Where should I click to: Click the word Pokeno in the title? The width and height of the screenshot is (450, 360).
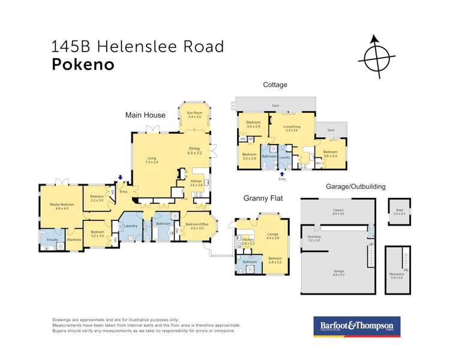pyautogui.click(x=83, y=65)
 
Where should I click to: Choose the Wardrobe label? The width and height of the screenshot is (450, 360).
pyautogui.click(x=74, y=240)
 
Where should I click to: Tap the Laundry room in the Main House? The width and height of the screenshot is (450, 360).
pyautogui.click(x=130, y=226)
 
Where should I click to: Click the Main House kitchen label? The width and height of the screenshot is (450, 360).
pyautogui.click(x=197, y=183)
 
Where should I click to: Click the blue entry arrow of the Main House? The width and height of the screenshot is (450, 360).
pyautogui.click(x=121, y=178)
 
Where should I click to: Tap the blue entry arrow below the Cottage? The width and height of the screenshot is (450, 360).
pyautogui.click(x=281, y=173)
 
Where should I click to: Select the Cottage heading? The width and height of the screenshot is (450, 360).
pyautogui.click(x=275, y=85)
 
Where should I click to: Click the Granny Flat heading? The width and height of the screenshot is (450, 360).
pyautogui.click(x=263, y=197)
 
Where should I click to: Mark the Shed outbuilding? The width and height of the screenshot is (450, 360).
pyautogui.click(x=400, y=211)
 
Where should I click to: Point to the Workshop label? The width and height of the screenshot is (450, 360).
pyautogui.click(x=314, y=238)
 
